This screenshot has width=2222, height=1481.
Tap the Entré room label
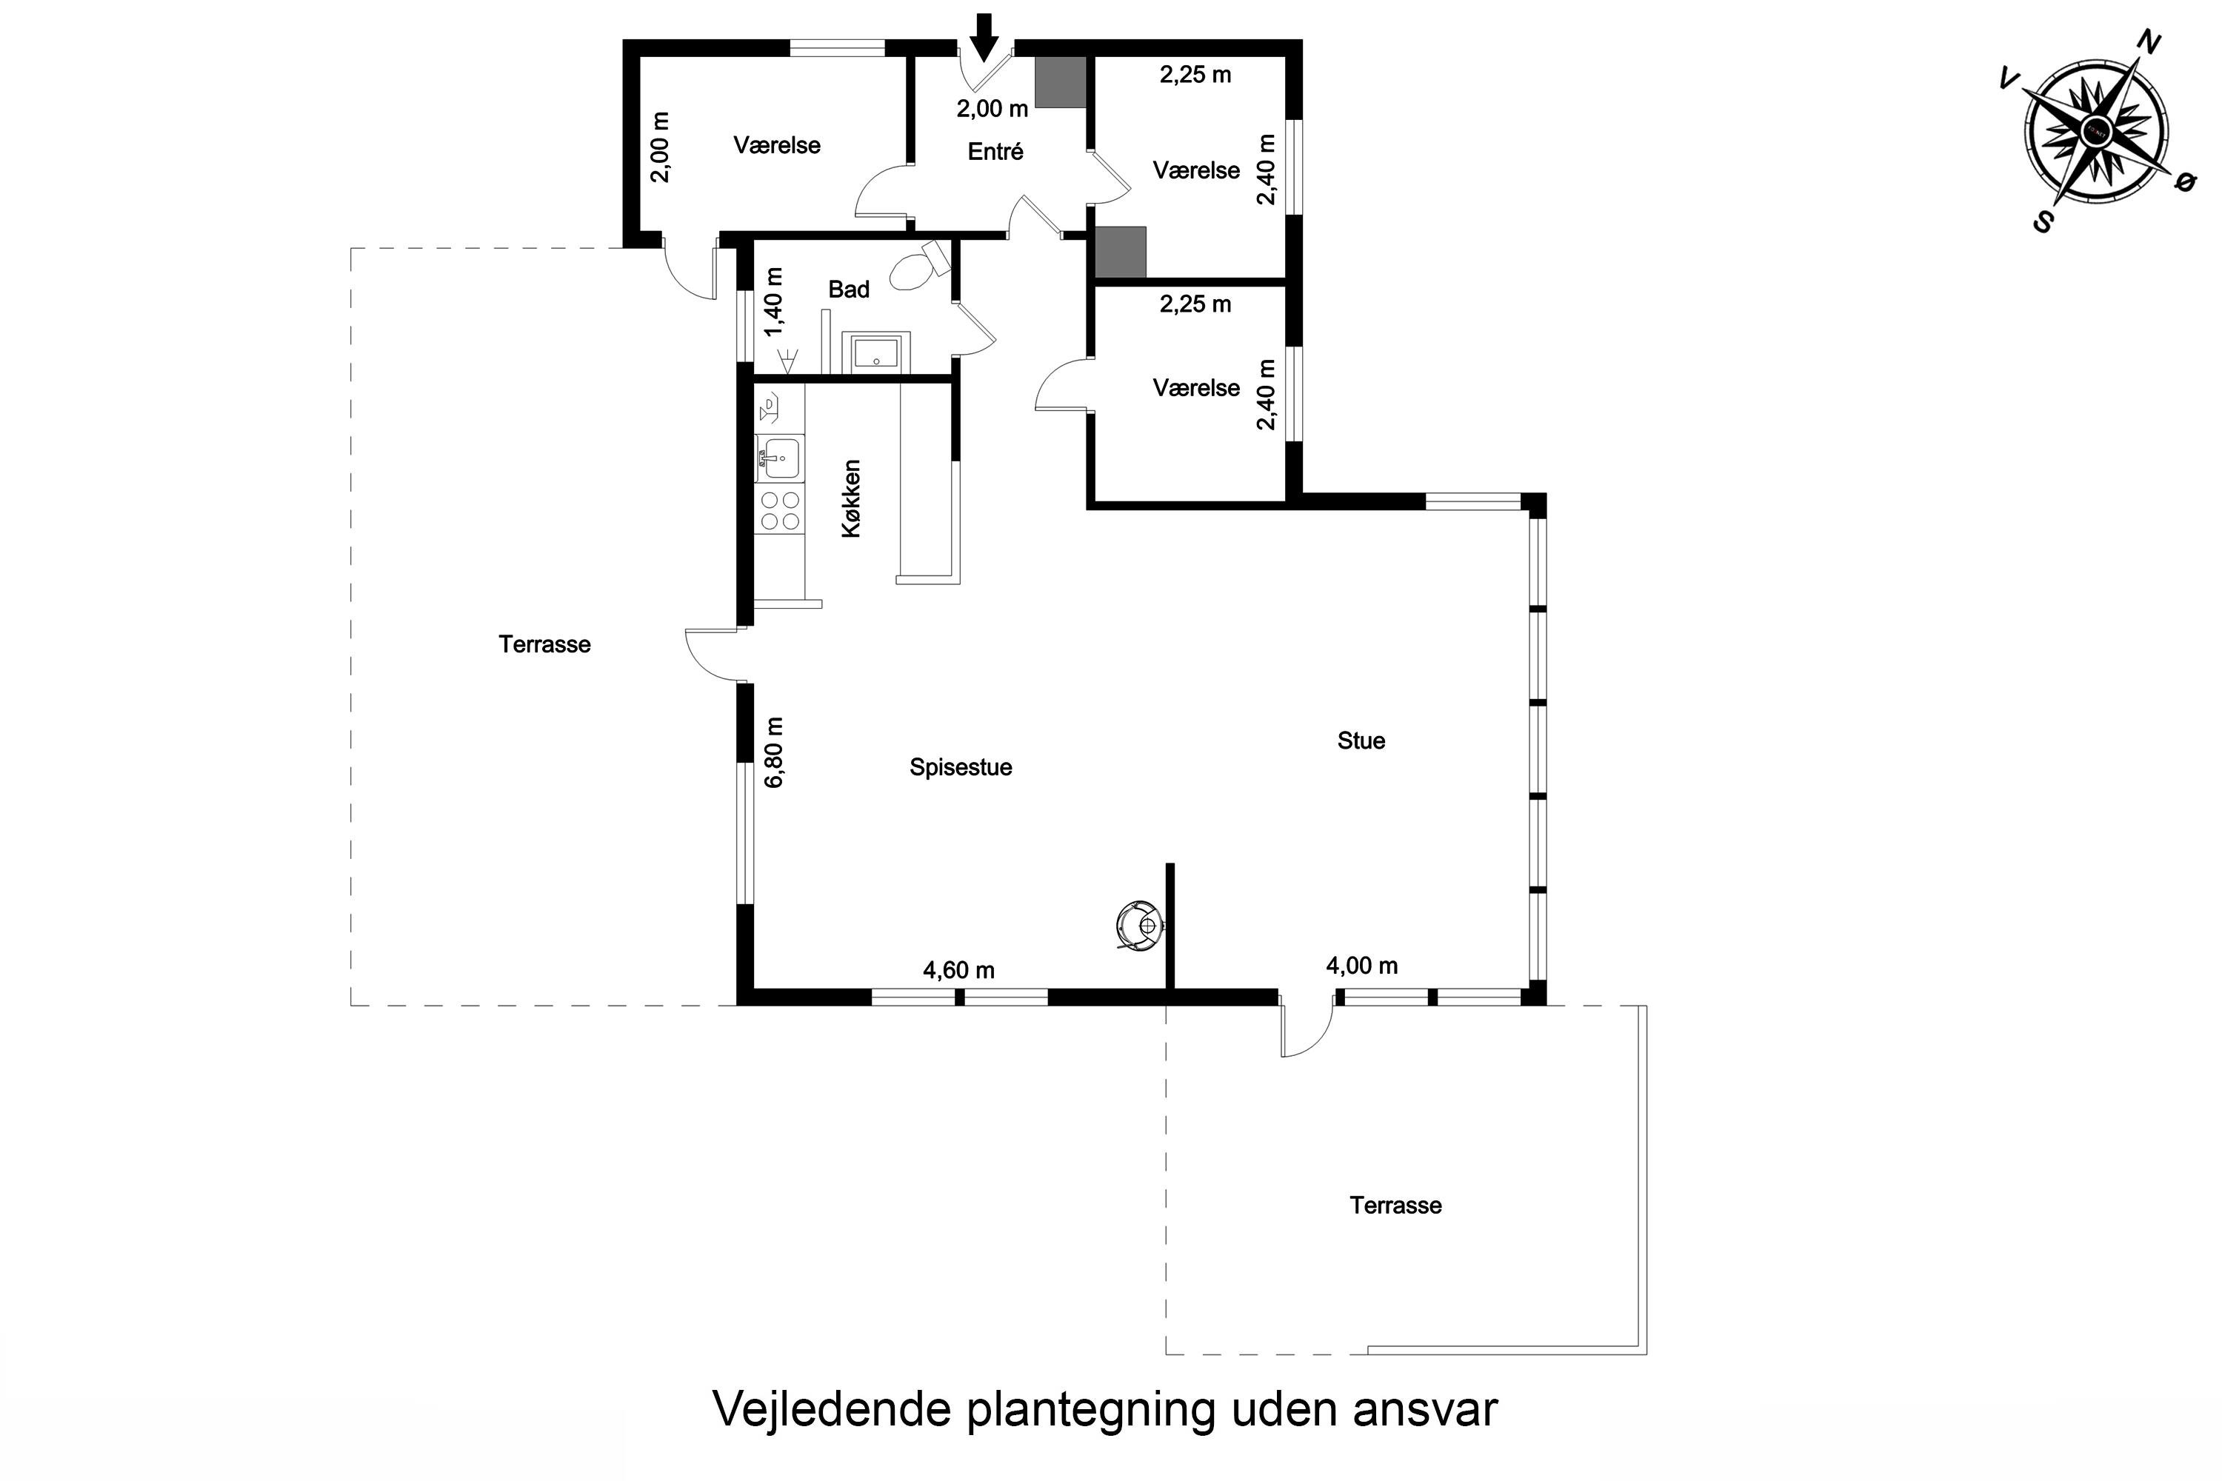point(995,151)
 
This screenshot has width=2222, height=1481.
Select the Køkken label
point(851,498)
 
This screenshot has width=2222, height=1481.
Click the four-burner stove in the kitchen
point(779,510)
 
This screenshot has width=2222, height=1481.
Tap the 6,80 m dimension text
point(775,753)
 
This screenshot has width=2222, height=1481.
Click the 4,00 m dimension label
point(1361,966)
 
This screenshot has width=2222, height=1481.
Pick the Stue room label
point(1361,740)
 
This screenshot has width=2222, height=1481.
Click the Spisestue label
point(960,767)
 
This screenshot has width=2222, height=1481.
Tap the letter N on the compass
point(2149,68)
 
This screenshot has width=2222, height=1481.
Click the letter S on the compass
point(2043,222)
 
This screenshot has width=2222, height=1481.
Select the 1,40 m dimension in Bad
point(775,302)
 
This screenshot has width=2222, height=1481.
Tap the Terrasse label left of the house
point(544,644)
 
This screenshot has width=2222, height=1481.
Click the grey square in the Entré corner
point(1060,82)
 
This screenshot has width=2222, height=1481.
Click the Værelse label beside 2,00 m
point(776,145)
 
